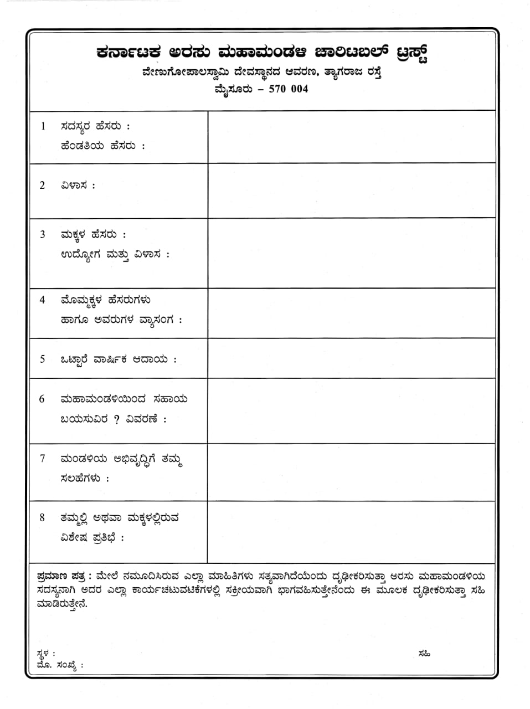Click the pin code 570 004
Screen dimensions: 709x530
[x=288, y=89]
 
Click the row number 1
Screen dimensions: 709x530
[x=43, y=126]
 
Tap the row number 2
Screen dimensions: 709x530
[x=43, y=185]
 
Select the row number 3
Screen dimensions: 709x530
[x=43, y=234]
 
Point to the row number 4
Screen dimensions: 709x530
[x=43, y=300]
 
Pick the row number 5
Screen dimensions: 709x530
[x=43, y=359]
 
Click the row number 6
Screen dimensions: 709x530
[x=42, y=399]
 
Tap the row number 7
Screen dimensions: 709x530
[x=43, y=459]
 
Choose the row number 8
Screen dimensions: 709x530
[x=42, y=517]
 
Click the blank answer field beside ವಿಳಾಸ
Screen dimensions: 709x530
[x=351, y=191]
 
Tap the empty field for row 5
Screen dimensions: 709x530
[x=351, y=358]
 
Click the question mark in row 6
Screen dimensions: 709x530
[x=116, y=419]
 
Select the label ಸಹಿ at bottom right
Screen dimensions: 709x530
[x=425, y=654]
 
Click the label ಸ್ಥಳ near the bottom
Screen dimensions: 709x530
[x=44, y=654]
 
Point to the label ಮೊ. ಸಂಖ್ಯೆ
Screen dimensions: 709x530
[x=58, y=665]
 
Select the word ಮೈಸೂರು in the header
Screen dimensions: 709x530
[x=235, y=89]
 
